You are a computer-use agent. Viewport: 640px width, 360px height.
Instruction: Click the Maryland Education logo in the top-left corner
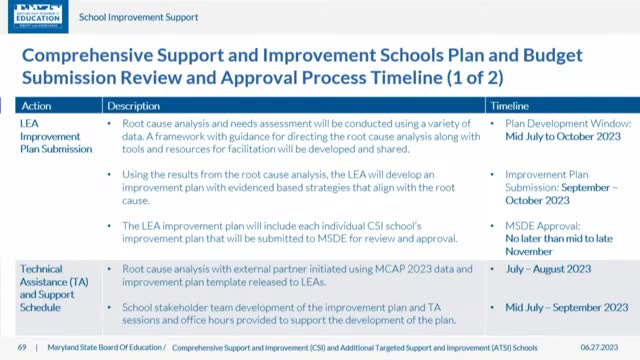(x=33, y=16)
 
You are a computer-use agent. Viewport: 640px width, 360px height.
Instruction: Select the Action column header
(x=38, y=105)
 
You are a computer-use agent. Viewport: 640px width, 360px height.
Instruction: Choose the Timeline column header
(x=510, y=105)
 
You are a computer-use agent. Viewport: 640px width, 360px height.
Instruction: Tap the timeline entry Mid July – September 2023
(x=567, y=307)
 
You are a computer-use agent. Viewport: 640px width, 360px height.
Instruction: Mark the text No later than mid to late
(x=561, y=238)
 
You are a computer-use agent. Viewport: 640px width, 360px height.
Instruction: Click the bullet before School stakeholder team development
(x=112, y=307)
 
